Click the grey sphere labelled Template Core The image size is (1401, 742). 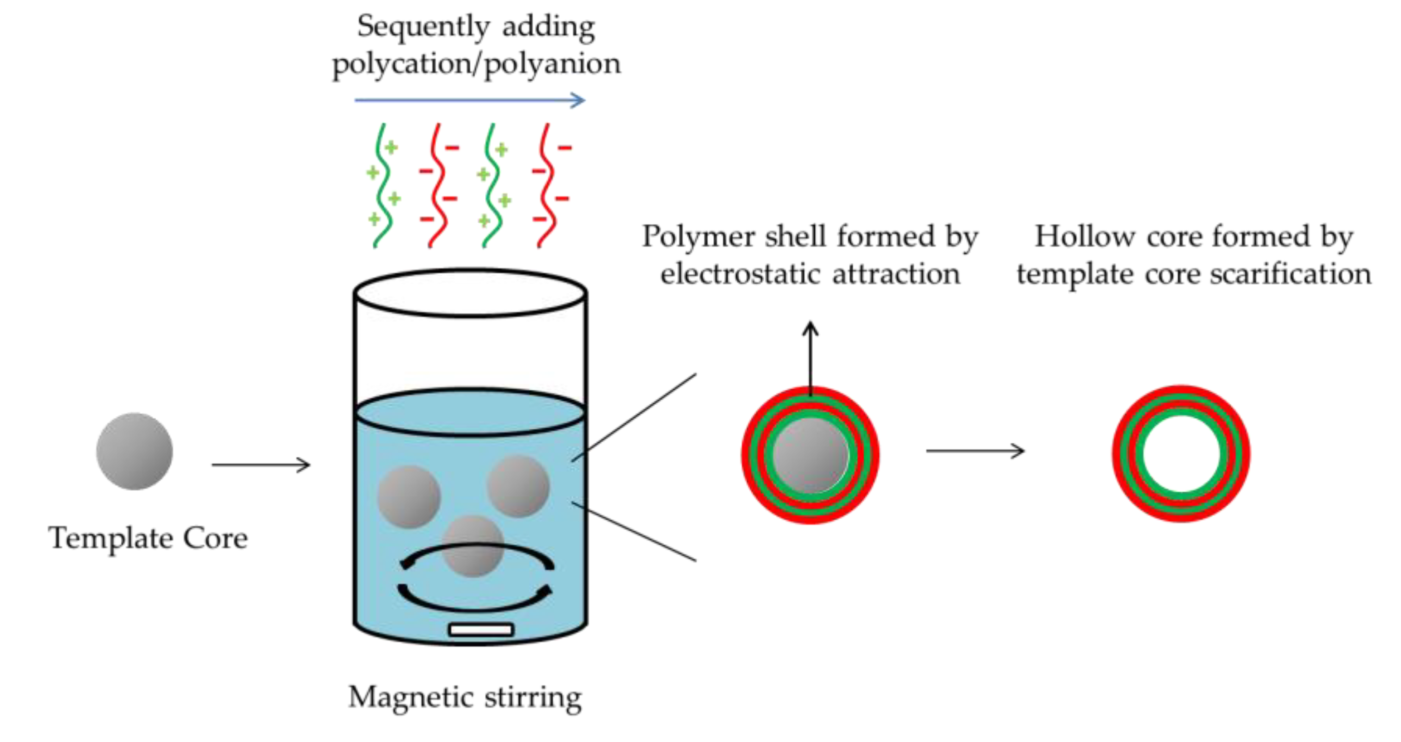pyautogui.click(x=134, y=451)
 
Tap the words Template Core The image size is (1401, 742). pyautogui.click(x=148, y=538)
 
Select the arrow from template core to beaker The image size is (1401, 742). pyautogui.click(x=261, y=465)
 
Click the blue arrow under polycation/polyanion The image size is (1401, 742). pyautogui.click(x=470, y=100)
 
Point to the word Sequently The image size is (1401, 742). pyautogui.click(x=423, y=27)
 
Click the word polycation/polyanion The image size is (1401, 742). pyautogui.click(x=476, y=64)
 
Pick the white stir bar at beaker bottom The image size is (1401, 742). pyautogui.click(x=481, y=630)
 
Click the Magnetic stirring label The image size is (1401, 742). pyautogui.click(x=465, y=697)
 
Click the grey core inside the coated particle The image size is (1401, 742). pyautogui.click(x=811, y=455)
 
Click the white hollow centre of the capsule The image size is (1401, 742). pyautogui.click(x=1181, y=454)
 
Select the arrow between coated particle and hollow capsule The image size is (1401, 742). pyautogui.click(x=975, y=451)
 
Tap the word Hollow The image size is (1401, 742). pyautogui.click(x=1082, y=237)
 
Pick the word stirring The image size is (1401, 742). pyautogui.click(x=533, y=697)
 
